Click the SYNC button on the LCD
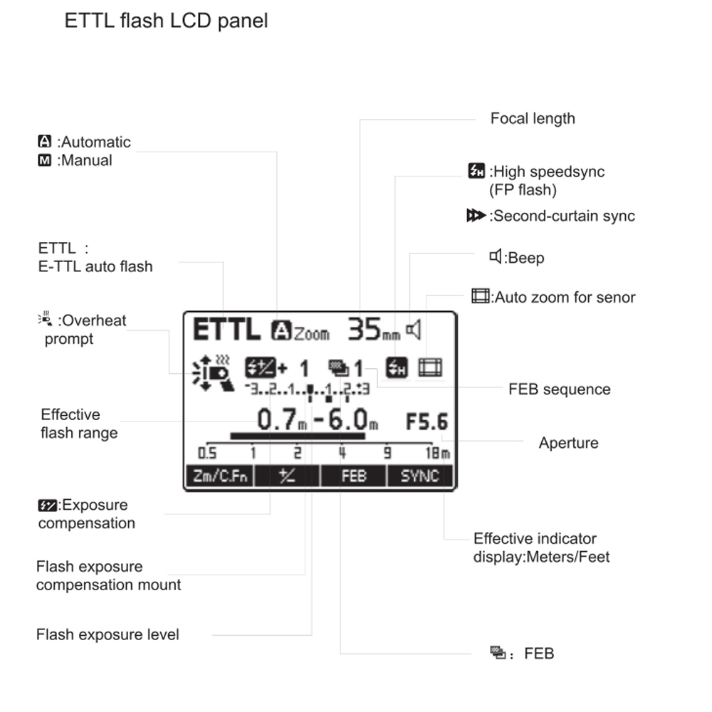coord(419,476)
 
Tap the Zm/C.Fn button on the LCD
coord(220,476)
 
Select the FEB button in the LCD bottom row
coord(353,476)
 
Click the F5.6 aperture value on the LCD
coord(426,422)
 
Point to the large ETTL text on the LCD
coord(226,329)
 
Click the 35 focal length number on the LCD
coord(364,329)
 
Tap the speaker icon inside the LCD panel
coord(413,329)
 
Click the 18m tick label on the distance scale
coord(438,453)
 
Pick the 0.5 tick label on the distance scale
coord(207,453)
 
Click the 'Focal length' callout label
coord(533,118)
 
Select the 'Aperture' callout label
coord(568,443)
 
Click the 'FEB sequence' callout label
coord(560,389)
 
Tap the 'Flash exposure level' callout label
coord(108,634)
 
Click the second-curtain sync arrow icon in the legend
coord(476,215)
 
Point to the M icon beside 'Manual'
coord(44,160)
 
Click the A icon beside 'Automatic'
coord(44,141)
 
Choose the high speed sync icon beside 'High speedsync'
coord(476,171)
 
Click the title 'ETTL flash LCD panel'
coord(166,21)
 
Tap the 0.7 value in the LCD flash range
coord(277,419)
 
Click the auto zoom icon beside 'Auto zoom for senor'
coord(481,296)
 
